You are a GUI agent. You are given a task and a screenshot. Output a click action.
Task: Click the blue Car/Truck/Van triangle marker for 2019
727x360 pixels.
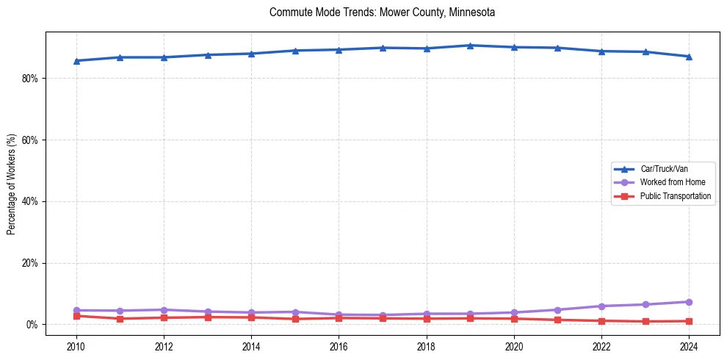pyautogui.click(x=470, y=46)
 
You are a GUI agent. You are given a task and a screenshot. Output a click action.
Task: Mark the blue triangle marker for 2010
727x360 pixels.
pyautogui.click(x=76, y=60)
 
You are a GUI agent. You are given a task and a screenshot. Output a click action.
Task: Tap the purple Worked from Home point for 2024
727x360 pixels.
pyautogui.click(x=689, y=302)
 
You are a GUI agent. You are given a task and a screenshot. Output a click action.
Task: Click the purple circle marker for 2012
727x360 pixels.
pyautogui.click(x=164, y=310)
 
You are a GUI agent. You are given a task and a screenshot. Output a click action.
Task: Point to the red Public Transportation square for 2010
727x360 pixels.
pyautogui.click(x=76, y=316)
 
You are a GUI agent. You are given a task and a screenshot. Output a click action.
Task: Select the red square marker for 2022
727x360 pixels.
pyautogui.click(x=601, y=320)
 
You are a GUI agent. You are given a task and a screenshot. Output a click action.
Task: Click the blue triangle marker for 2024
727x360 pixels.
pyautogui.click(x=689, y=57)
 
